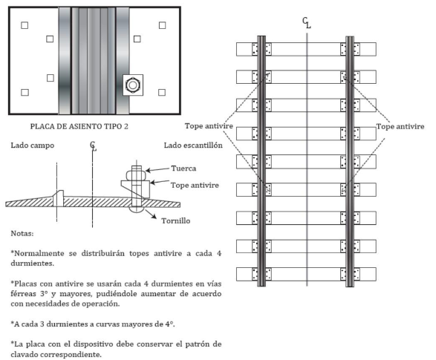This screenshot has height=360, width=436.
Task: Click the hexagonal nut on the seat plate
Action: tap(133, 85)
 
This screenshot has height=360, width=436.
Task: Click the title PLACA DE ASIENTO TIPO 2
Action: tap(79, 126)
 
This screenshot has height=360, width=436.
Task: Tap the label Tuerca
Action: tap(183, 168)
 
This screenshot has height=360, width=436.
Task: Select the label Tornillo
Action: tap(176, 221)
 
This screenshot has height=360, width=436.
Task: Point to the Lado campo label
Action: tap(33, 145)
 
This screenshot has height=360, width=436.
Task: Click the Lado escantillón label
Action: tap(193, 145)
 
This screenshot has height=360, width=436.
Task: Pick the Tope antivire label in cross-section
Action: tap(195, 185)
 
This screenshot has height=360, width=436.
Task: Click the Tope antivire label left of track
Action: tap(209, 126)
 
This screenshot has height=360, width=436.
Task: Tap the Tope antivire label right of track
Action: tap(400, 126)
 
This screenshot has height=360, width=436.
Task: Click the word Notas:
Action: tap(22, 233)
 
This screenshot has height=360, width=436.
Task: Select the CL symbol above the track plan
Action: tap(307, 23)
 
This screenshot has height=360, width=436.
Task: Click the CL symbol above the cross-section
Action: tap(93, 145)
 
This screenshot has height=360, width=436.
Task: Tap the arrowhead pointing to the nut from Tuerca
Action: tap(148, 170)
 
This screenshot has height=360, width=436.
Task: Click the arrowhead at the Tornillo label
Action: tap(154, 217)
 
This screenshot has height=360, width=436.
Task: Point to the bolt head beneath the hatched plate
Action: tap(137, 209)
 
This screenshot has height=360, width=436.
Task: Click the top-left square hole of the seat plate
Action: tap(25, 25)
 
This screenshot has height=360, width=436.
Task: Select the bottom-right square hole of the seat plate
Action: tap(162, 92)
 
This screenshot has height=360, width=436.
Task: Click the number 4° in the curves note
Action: tap(169, 324)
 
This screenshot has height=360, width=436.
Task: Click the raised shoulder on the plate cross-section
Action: tap(59, 198)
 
